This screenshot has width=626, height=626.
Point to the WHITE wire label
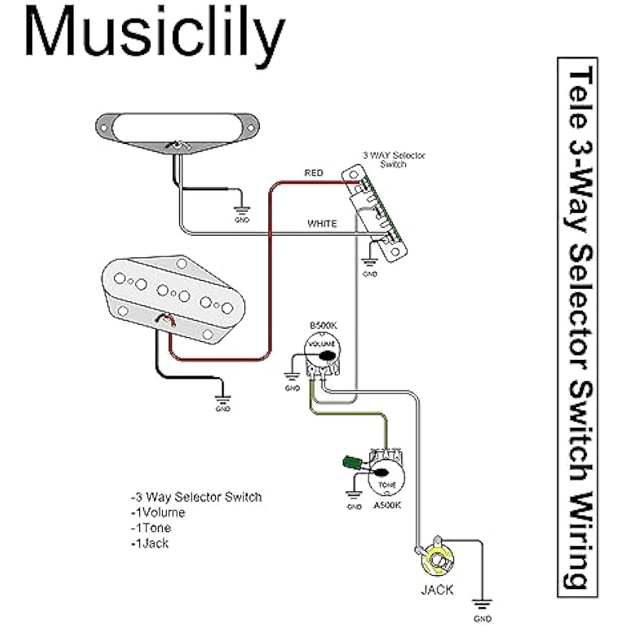click(x=322, y=224)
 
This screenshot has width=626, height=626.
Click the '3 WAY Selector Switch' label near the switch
click(x=394, y=160)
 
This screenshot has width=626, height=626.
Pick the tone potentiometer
click(x=386, y=473)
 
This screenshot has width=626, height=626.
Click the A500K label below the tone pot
click(x=387, y=505)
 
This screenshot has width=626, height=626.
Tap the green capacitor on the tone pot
click(x=349, y=462)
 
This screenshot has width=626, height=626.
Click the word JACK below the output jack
click(x=437, y=590)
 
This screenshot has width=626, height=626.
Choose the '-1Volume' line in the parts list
click(x=158, y=513)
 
